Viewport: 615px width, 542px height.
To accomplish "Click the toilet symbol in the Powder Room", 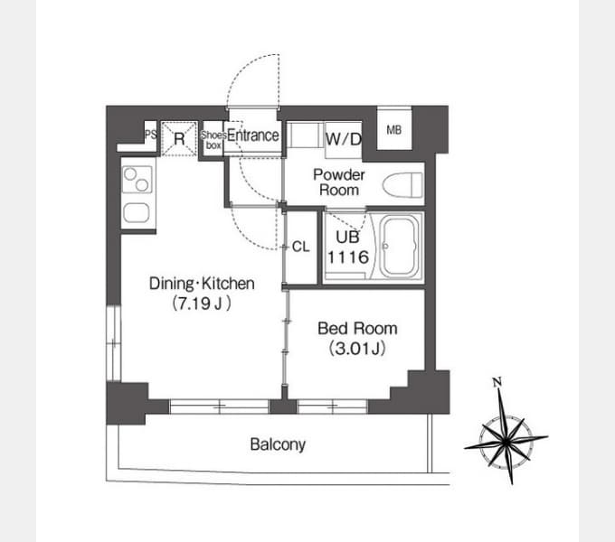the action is point(403,185).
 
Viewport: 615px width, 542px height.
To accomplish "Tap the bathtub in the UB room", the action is point(400,247).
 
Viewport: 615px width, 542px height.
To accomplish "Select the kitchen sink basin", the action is point(136,213).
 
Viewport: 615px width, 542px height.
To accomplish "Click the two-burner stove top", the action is point(137,180).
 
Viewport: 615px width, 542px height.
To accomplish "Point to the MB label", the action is point(393,130).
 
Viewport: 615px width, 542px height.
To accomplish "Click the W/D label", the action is point(344,139).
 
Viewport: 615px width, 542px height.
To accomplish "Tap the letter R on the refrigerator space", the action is point(179,138).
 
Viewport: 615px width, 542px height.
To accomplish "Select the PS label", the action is point(151,135).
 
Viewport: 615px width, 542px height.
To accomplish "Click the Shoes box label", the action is point(213,140).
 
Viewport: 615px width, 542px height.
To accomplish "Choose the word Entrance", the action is point(253,135).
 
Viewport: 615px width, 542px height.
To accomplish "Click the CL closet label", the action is point(301,247).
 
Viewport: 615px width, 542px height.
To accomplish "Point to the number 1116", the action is point(348,257).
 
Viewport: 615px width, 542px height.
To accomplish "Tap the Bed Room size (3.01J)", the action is point(357,348).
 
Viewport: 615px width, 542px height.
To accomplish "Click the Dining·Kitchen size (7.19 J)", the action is point(202,304).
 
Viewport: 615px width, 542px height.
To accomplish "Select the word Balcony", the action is point(278,444).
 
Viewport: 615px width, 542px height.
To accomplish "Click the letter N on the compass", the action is point(497,382).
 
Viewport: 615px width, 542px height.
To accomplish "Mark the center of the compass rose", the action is point(506,442).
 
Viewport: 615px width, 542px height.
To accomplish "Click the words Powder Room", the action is point(339,182).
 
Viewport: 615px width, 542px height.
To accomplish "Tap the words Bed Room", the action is point(357,329).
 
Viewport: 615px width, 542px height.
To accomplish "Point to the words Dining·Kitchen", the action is point(202,283).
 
